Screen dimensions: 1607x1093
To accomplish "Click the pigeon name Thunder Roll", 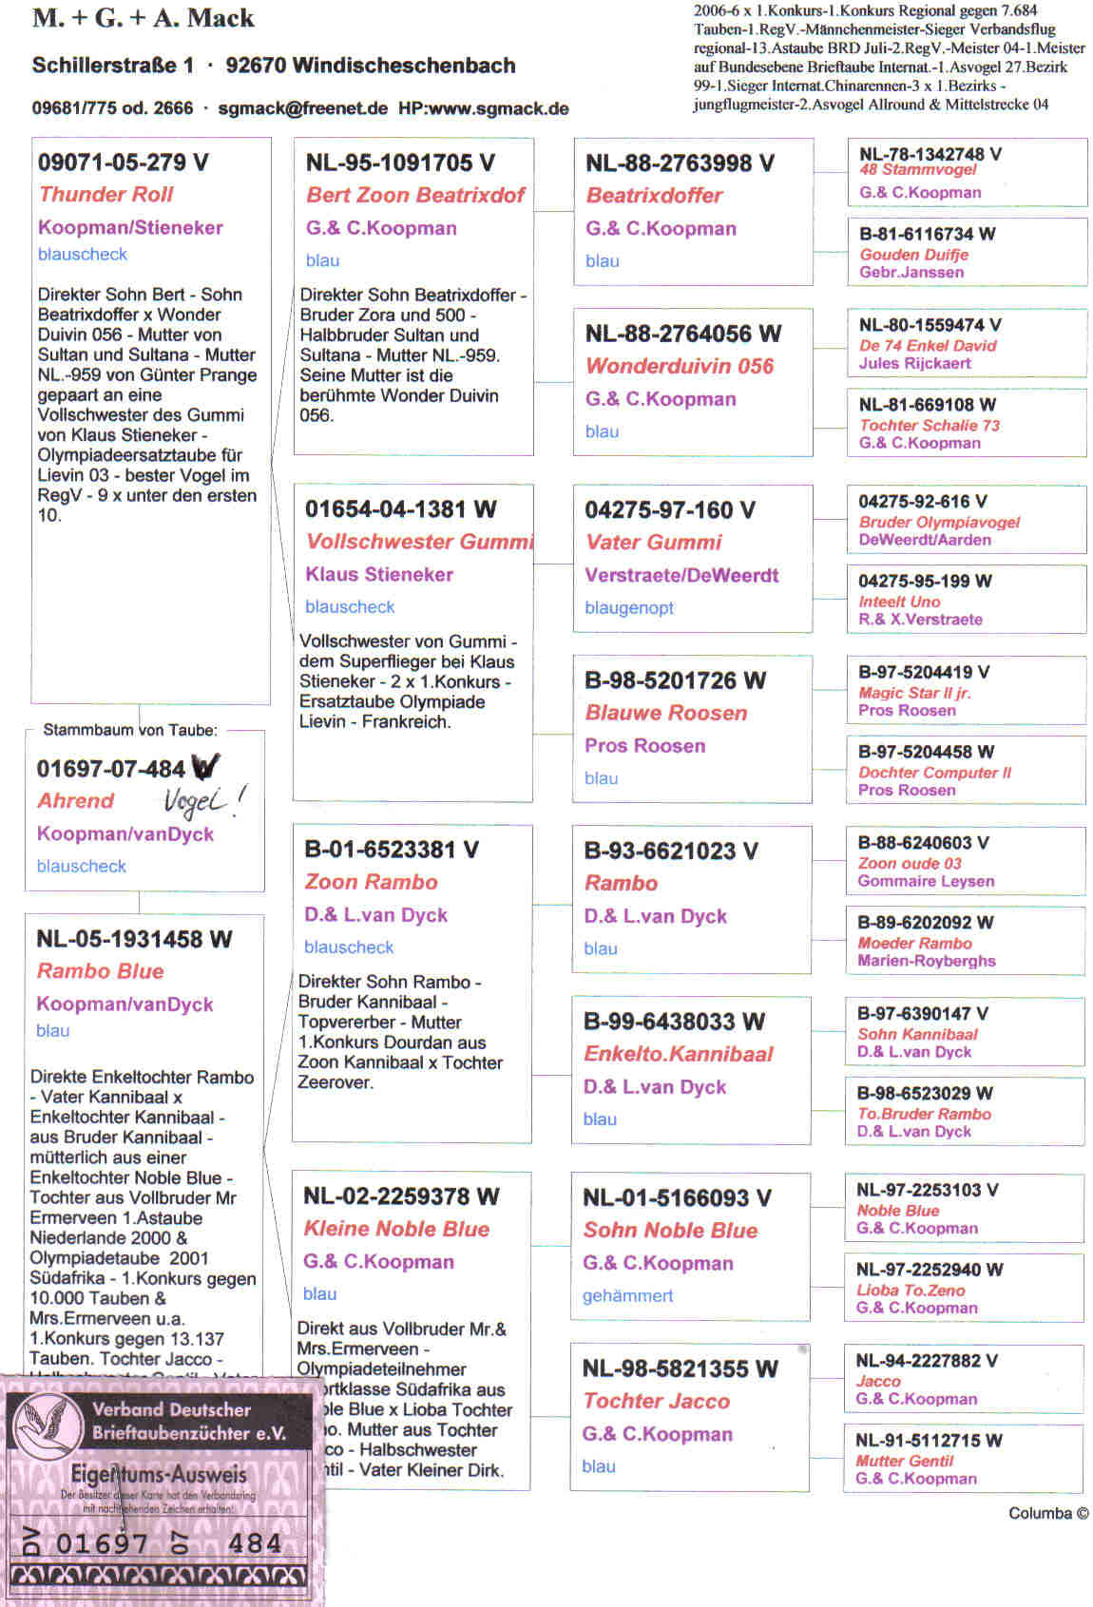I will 106,195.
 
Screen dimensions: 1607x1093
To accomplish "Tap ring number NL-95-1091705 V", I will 399,163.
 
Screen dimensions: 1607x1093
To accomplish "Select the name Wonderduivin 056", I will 680,366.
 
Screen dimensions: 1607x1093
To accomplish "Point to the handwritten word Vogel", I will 198,803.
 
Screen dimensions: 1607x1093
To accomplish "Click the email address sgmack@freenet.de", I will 302,108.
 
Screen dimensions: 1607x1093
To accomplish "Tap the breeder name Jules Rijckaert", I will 914,363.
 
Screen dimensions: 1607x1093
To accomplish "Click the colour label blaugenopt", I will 629,608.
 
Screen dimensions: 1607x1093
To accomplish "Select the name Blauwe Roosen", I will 665,713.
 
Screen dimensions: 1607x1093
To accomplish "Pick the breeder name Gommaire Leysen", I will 925,881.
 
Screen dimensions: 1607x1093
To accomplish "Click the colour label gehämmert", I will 627,1295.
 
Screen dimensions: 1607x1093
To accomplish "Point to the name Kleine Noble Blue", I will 396,1229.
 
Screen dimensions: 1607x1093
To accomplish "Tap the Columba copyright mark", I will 1048,1513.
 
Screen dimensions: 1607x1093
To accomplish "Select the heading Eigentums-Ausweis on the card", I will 159,1475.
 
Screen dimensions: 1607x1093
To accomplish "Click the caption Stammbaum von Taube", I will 130,730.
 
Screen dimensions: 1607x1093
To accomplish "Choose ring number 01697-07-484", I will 110,769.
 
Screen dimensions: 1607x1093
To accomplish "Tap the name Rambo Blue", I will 100,971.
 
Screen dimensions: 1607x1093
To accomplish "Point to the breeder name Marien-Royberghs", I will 926,961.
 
